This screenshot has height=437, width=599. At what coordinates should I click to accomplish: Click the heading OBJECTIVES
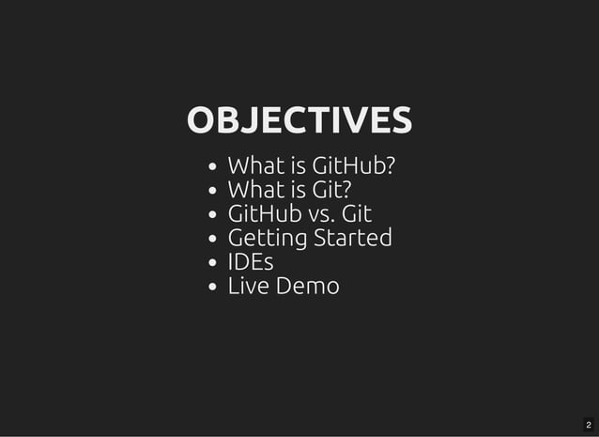click(x=299, y=120)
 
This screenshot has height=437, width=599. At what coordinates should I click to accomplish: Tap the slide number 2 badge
click(x=589, y=426)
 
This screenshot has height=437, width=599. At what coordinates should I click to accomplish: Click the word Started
click(x=352, y=238)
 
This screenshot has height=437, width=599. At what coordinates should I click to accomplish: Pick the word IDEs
click(x=251, y=262)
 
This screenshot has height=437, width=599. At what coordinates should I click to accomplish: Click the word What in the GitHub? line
click(x=254, y=166)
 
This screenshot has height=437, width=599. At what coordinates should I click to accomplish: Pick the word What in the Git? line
click(x=254, y=191)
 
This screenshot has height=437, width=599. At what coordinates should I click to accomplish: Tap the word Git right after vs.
click(x=357, y=214)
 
